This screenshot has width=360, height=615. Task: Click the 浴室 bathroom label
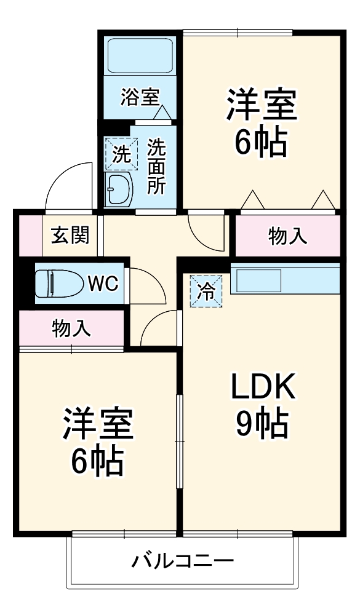(140, 97)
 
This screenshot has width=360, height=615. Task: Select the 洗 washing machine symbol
(120, 154)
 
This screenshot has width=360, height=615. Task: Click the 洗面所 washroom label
(156, 167)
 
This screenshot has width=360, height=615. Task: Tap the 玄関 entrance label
(70, 234)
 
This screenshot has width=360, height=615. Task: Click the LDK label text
(263, 387)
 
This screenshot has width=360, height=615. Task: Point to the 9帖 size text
(263, 423)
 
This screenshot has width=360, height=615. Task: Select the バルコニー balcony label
(183, 561)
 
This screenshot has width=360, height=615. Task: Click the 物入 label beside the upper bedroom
(287, 236)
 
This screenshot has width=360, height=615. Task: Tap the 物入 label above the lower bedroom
(71, 328)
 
